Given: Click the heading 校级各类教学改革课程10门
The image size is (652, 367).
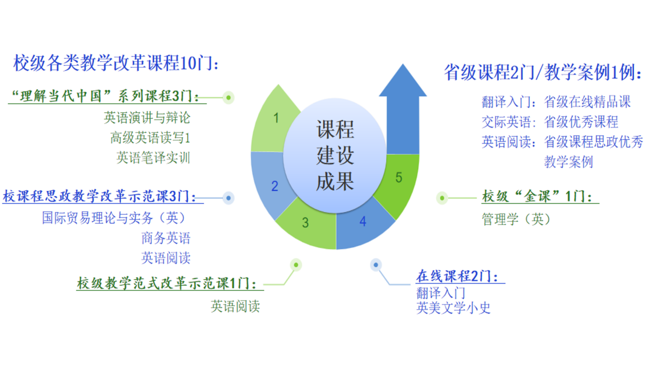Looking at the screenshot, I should (117, 64).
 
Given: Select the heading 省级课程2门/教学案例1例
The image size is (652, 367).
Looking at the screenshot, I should (543, 73).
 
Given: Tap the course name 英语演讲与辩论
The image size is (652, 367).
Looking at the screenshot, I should (147, 118).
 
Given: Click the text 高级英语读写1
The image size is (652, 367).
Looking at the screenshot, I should (150, 137).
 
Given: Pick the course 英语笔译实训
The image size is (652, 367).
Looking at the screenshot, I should (153, 158).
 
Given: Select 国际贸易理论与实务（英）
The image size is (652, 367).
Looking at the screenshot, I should (114, 218).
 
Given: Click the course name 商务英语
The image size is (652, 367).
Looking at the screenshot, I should (166, 238).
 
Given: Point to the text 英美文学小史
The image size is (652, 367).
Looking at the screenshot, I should (453, 308).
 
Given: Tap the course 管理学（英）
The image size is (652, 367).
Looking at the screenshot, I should (516, 219).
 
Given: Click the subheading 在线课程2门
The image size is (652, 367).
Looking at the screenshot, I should (457, 276).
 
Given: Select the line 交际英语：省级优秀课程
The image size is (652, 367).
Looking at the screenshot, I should (550, 122).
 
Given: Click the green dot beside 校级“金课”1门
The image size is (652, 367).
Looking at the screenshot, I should (442, 198).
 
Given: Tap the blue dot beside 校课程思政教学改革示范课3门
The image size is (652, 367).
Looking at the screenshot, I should (228, 198).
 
